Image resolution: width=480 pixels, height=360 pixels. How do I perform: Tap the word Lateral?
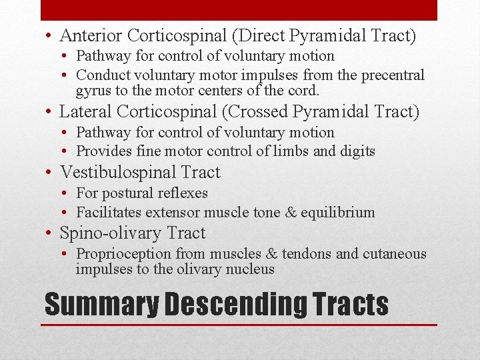pos(85,112)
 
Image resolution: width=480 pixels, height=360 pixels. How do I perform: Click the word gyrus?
pos(93,91)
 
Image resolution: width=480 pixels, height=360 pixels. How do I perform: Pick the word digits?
pos(357,151)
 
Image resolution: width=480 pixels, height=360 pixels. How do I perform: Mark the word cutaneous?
pos(395,254)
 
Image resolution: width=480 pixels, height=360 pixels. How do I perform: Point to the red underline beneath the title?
pos(240,325)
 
